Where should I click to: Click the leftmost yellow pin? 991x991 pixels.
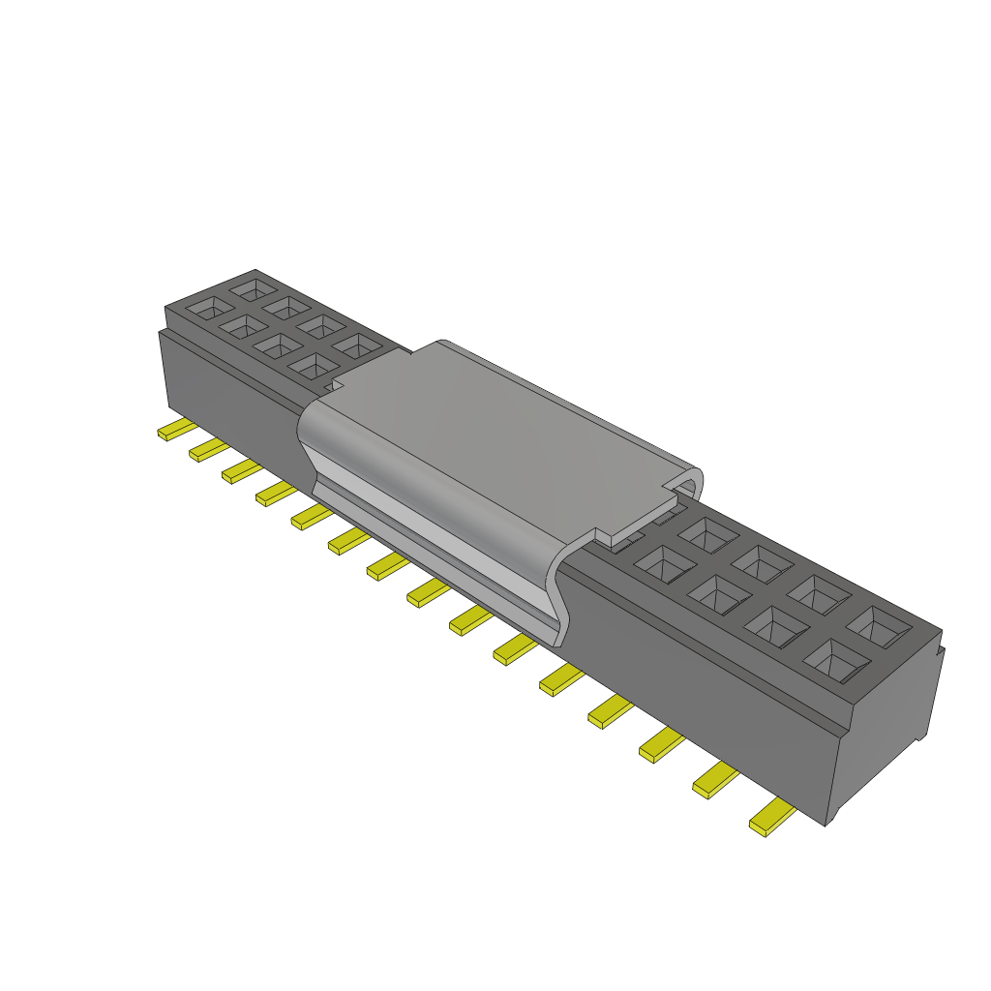(176, 431)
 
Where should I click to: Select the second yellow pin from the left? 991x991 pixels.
(208, 449)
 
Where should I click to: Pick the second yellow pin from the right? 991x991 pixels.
(715, 779)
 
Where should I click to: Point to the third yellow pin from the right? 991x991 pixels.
(661, 743)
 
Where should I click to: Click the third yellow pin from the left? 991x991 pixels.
(242, 471)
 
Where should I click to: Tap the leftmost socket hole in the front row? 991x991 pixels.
(206, 309)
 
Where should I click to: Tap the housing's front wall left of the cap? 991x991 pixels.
(232, 387)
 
